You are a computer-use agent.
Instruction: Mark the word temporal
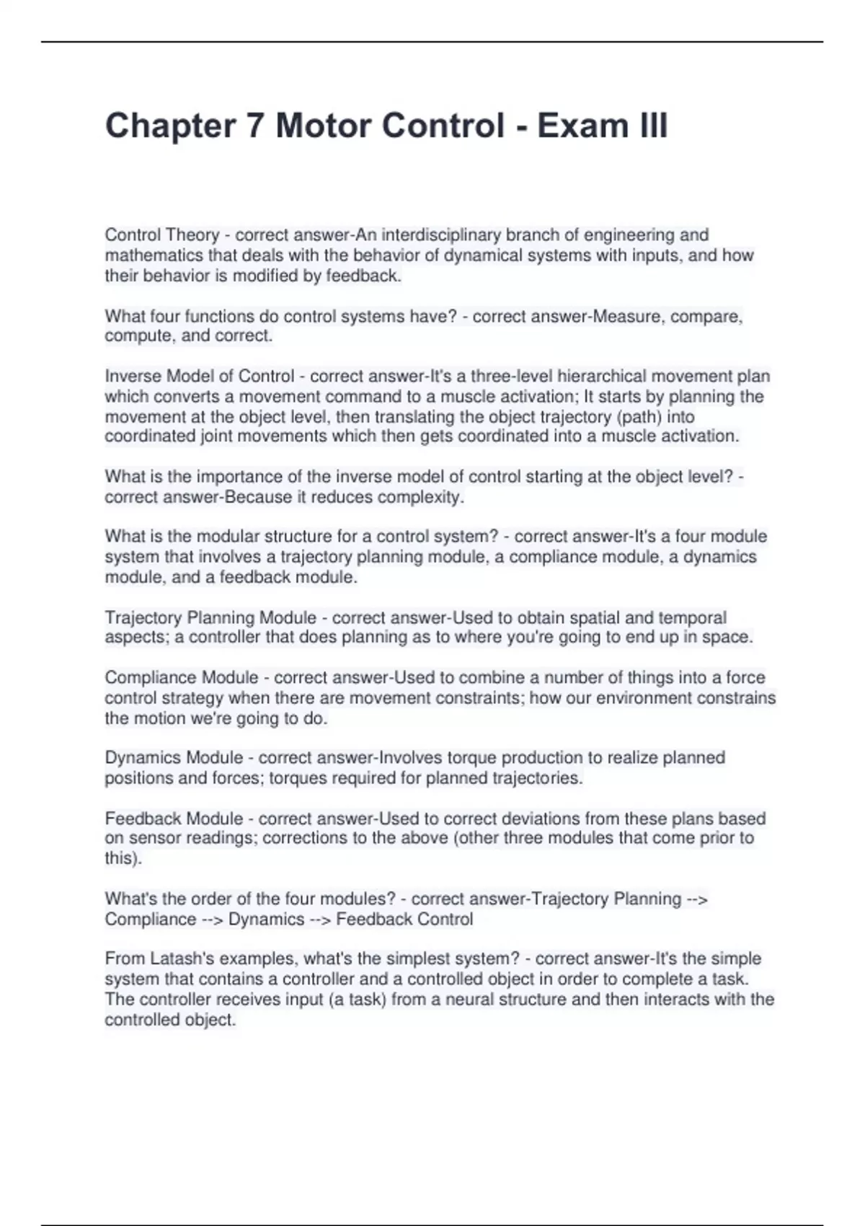tap(691, 618)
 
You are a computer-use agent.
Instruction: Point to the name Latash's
tap(181, 959)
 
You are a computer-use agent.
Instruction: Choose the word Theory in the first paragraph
tap(192, 235)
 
